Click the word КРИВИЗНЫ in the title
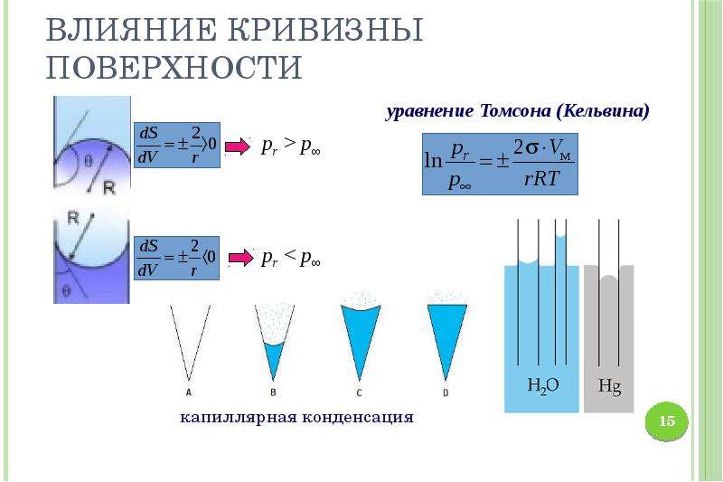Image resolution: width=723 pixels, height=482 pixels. point(325,30)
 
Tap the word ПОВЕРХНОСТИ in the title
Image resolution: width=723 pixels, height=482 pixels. point(174,67)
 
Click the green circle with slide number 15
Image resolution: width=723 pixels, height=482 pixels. point(667,421)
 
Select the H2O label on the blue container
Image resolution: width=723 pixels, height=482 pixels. point(543,385)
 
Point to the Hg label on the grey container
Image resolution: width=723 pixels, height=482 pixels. point(609,385)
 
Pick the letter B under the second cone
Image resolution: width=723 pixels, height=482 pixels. point(273,392)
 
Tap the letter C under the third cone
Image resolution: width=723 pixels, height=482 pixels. point(359,392)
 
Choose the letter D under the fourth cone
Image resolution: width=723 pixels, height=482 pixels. point(446,392)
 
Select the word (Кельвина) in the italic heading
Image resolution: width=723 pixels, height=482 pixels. point(603,111)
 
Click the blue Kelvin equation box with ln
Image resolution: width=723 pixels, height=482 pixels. point(500,165)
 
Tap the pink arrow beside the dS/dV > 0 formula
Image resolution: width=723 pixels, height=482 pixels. point(238,147)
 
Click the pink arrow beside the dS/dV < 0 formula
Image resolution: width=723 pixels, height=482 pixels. point(241,258)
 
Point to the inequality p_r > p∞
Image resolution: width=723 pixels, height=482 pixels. point(291,146)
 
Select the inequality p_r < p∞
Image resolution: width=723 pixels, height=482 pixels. point(291,258)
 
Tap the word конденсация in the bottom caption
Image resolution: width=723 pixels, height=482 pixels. point(358,417)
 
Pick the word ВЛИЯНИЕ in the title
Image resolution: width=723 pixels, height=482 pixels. point(131,30)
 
